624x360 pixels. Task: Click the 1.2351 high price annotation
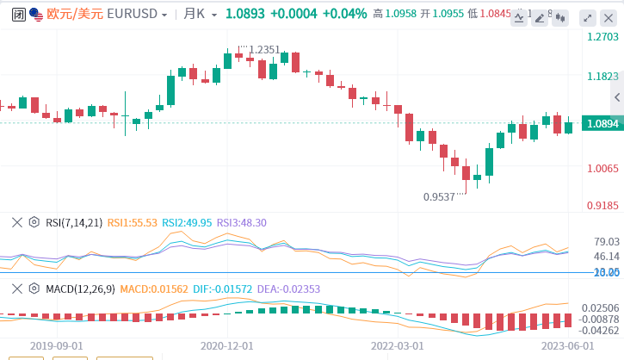pos(264,50)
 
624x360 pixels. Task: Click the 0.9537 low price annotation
pos(439,196)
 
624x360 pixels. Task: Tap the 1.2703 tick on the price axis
pos(602,37)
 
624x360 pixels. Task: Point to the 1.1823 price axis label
pos(602,77)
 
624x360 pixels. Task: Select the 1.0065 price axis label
pos(602,169)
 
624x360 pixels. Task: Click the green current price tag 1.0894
pos(602,124)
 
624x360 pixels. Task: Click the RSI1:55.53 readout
pos(132,222)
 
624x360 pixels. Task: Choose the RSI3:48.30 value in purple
pos(241,222)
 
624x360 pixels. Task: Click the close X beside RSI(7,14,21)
pos(16,222)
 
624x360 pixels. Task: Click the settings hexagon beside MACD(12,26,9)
pos(34,288)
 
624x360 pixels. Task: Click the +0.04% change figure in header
pos(344,14)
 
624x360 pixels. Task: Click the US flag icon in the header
pos(34,14)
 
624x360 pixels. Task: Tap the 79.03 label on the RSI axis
pos(607,241)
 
